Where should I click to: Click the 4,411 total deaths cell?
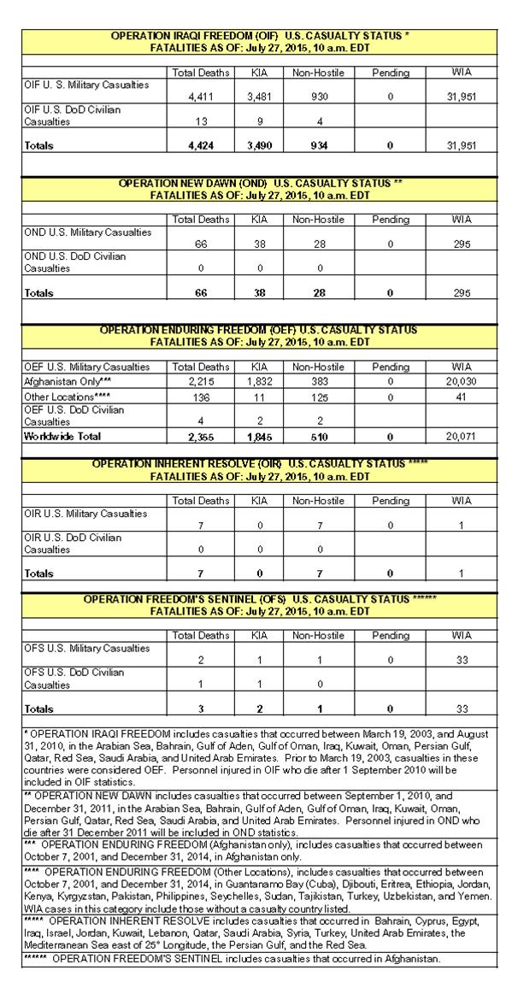click(201, 97)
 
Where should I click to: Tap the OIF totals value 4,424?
click(201, 146)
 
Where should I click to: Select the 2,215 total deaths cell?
click(201, 382)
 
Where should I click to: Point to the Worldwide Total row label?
click(61, 436)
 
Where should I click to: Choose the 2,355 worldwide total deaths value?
click(201, 436)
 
